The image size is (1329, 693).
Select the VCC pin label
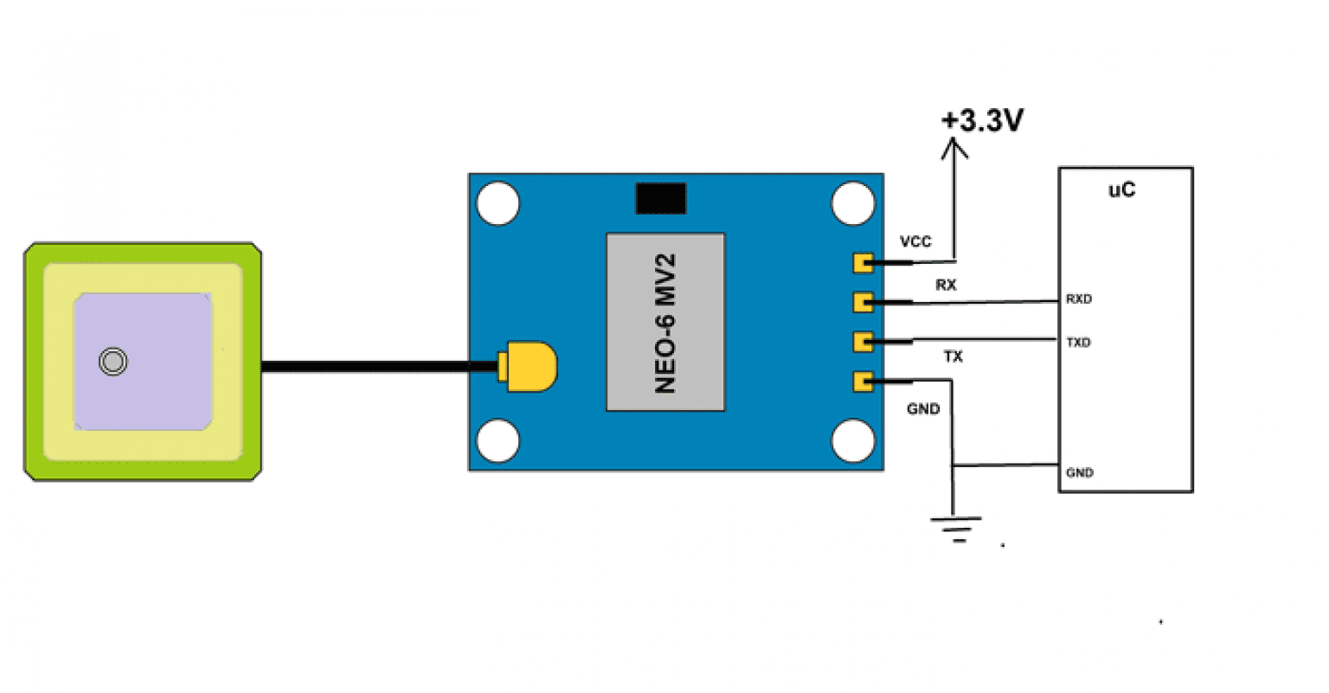pos(915,241)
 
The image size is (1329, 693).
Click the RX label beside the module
pos(946,285)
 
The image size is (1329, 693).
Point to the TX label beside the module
pos(953,356)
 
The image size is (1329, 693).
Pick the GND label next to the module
pos(923,408)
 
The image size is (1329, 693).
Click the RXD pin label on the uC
pos(1078,299)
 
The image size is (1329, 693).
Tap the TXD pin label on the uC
pos(1078,343)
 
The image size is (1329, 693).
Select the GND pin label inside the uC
pos(1079,472)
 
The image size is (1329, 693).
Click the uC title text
pos(1121,190)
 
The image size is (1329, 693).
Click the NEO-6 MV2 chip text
pos(664,323)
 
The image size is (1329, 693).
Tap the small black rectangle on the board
pos(660,198)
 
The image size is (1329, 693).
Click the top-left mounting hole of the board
pos(498,204)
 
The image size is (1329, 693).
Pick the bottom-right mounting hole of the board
pos(853,440)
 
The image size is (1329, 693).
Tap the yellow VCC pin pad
pos(863,261)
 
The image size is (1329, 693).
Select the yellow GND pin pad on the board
pos(863,381)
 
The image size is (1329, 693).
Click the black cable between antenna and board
pos(372,367)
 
